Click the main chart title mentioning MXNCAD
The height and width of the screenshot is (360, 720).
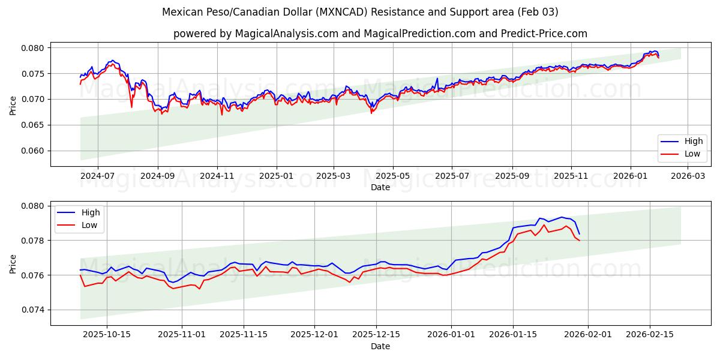pyautogui.click(x=360, y=12)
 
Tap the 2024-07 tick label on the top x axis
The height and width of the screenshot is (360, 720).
pyautogui.click(x=97, y=176)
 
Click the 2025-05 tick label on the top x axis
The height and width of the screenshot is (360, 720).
pyautogui.click(x=393, y=176)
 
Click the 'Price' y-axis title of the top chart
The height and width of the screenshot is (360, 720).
pyautogui.click(x=13, y=105)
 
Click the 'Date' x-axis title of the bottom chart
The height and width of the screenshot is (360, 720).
pyautogui.click(x=380, y=346)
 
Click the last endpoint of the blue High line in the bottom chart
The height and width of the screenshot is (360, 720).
pyautogui.click(x=579, y=233)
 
